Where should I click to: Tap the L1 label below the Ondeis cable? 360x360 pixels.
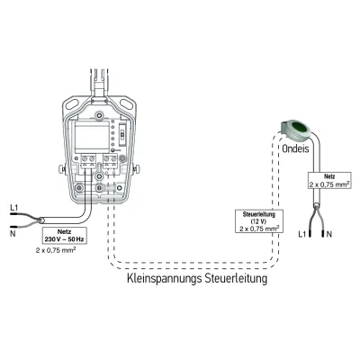tap(304, 233)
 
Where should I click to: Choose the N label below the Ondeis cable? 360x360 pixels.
tap(329, 233)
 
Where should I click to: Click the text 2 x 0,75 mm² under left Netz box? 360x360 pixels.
tap(66, 252)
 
